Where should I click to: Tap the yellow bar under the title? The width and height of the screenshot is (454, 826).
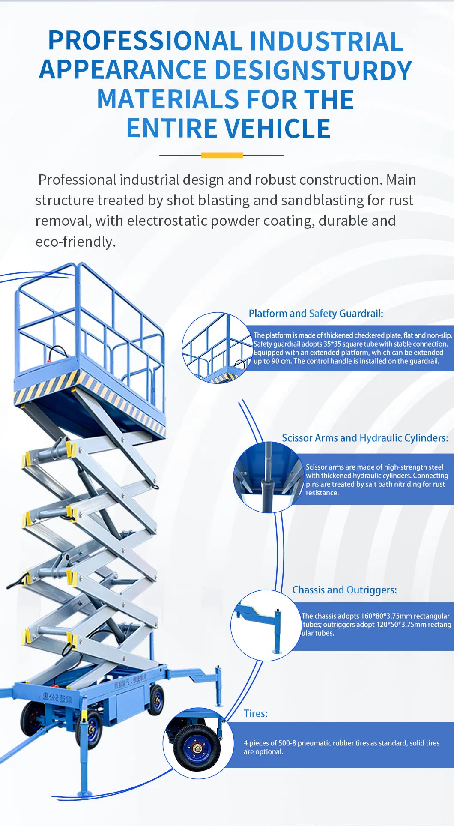coord(222,155)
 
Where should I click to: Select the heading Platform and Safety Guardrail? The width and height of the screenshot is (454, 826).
coord(316,314)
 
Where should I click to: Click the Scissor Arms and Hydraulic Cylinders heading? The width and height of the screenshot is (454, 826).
coord(365,438)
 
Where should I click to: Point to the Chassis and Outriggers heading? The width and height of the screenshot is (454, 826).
coord(344,590)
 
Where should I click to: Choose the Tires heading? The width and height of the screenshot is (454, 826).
coord(255,713)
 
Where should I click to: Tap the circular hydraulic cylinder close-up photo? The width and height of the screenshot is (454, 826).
coord(268,477)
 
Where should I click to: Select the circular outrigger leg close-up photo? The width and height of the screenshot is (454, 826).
coord(266,625)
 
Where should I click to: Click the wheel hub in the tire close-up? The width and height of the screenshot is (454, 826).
coord(197,748)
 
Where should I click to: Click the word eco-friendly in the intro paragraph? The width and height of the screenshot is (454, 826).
coord(75,242)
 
